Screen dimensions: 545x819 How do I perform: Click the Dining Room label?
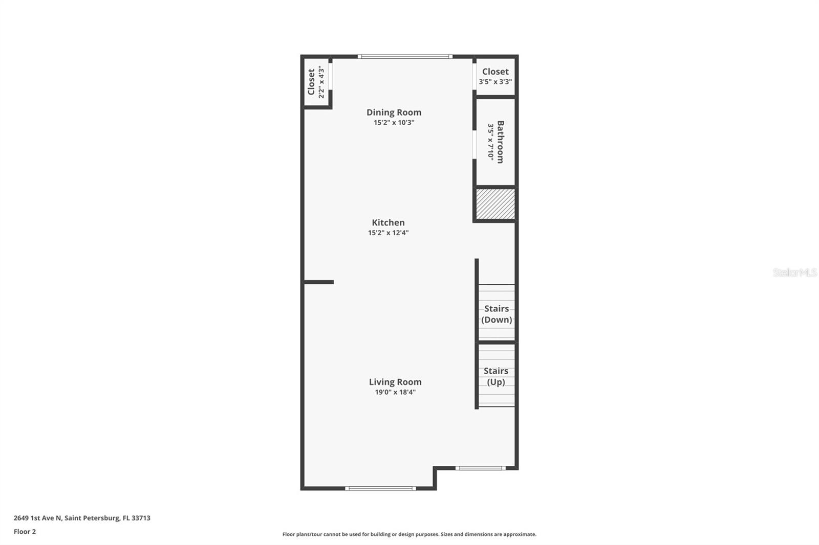(394, 112)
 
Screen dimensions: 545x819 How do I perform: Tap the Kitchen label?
(388, 222)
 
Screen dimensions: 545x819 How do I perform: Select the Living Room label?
(395, 382)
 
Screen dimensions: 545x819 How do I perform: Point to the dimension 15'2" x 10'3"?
(394, 123)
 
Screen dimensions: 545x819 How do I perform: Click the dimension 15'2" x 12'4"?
(388, 233)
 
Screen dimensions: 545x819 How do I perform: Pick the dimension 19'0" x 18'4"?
(395, 393)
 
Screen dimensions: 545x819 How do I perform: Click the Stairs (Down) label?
(497, 314)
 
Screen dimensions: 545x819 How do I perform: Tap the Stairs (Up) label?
(495, 376)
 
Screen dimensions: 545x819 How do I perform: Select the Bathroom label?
(501, 142)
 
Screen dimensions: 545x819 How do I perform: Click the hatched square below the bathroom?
(495, 204)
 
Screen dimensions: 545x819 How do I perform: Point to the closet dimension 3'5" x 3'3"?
(495, 82)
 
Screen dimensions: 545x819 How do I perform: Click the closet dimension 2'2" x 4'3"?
(321, 82)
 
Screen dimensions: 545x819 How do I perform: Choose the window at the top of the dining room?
(404, 56)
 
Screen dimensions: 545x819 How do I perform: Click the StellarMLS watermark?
(794, 272)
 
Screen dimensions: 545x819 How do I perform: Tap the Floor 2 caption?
(25, 532)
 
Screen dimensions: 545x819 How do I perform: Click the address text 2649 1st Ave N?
(82, 518)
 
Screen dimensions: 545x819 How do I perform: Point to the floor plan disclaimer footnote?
(409, 534)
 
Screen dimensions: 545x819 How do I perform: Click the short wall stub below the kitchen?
(318, 282)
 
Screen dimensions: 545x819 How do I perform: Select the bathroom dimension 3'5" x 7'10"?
(491, 142)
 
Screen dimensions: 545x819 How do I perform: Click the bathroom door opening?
(475, 145)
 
